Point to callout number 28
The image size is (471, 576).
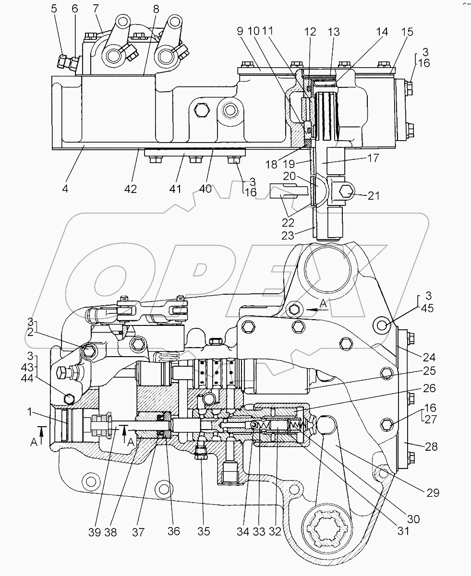click(432, 446)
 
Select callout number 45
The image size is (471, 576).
click(427, 309)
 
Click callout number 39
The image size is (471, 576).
click(95, 531)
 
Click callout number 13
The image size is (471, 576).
click(333, 32)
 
